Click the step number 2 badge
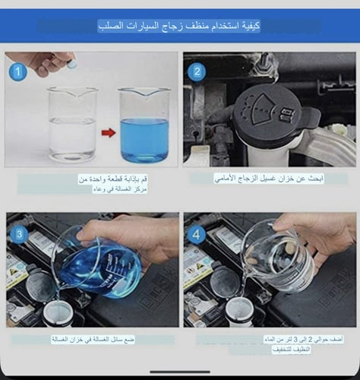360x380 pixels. click(197, 73)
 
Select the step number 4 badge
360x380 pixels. click(197, 235)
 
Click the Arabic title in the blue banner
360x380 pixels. click(179, 26)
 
